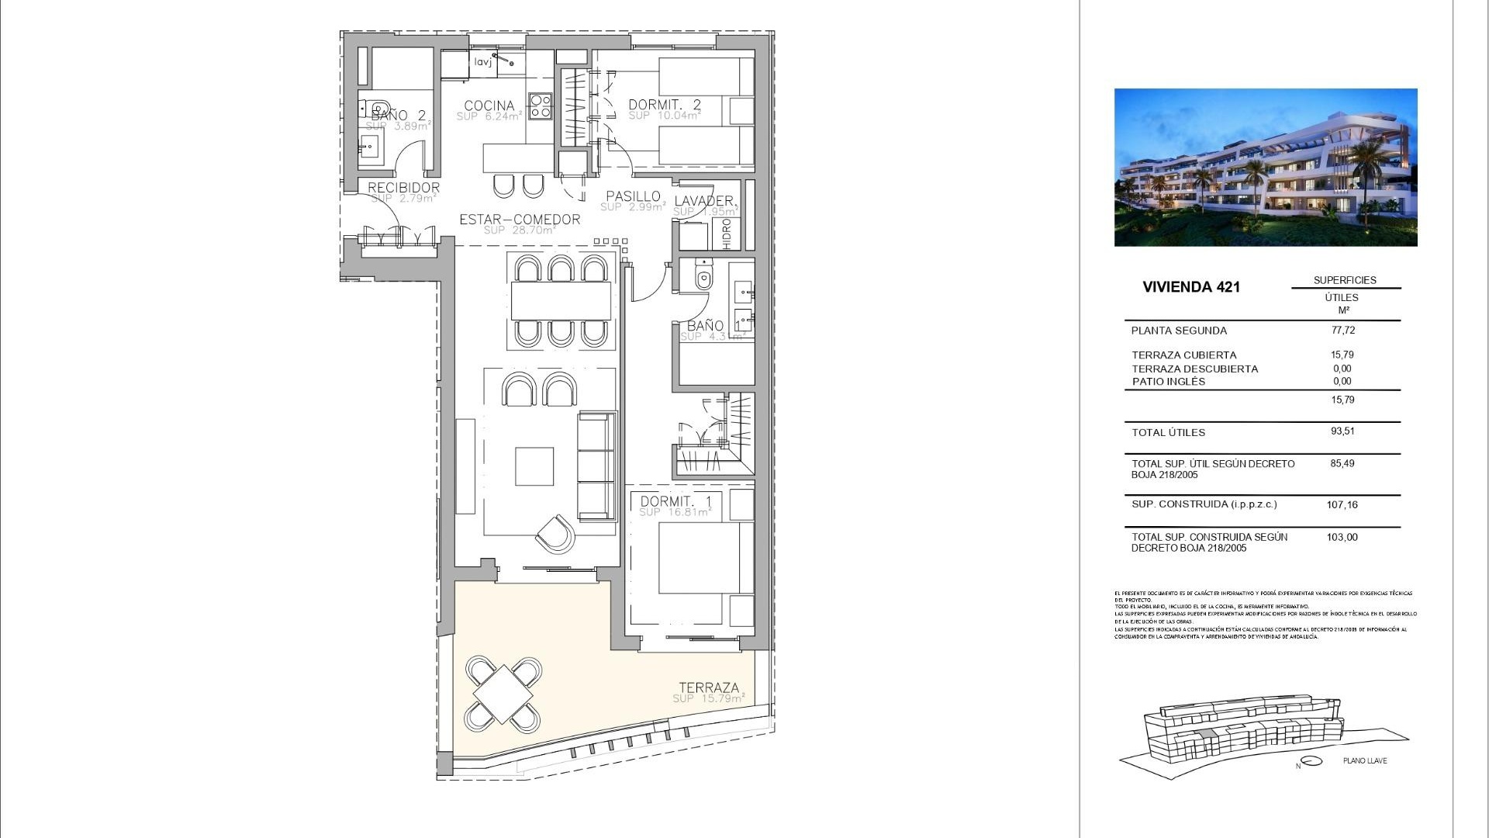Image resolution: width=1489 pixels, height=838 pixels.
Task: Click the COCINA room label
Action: point(489,106)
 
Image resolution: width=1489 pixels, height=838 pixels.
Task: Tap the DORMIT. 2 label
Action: point(664,105)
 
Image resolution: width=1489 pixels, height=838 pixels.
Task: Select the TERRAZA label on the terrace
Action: point(709,687)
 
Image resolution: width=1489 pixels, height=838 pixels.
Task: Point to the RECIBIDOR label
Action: point(403,188)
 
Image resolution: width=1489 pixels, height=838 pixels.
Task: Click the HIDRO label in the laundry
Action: point(727,234)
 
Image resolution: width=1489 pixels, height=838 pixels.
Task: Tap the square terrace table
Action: point(503,694)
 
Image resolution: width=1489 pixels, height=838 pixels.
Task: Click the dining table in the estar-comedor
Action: point(561,300)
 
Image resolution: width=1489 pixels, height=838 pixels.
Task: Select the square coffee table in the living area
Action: point(534,466)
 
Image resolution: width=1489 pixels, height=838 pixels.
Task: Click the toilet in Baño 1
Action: point(703,277)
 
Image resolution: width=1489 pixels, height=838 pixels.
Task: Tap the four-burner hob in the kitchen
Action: point(540,106)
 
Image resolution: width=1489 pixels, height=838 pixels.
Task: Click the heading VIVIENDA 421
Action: point(1191,287)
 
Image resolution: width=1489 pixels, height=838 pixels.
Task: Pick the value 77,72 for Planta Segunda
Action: point(1342,330)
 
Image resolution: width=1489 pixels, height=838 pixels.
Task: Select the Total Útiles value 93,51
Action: point(1342,431)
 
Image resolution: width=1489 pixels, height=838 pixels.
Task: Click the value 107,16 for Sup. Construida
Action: point(1342,504)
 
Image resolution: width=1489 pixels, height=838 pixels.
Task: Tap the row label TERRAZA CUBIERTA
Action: point(1183,355)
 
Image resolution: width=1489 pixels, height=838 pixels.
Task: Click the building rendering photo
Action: point(1265,168)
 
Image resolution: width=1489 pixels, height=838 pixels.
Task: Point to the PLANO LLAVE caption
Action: point(1365,760)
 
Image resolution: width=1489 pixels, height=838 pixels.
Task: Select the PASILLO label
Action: point(633,196)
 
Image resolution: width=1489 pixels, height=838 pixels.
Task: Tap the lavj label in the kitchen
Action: point(483,62)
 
